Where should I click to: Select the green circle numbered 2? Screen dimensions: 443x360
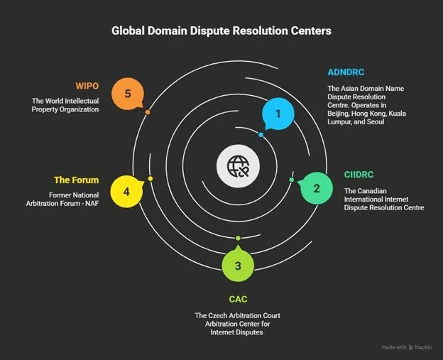[x=317, y=188]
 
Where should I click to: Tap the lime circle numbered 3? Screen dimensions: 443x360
[x=238, y=266]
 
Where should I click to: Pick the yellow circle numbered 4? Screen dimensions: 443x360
[x=126, y=192]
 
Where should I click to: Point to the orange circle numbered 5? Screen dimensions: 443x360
[x=128, y=93]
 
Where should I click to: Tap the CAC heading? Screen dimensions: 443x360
[x=238, y=299]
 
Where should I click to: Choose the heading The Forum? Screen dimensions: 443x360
[x=76, y=180]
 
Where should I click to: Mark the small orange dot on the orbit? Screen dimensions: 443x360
[x=147, y=112]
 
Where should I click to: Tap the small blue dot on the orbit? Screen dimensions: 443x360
[x=261, y=134]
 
